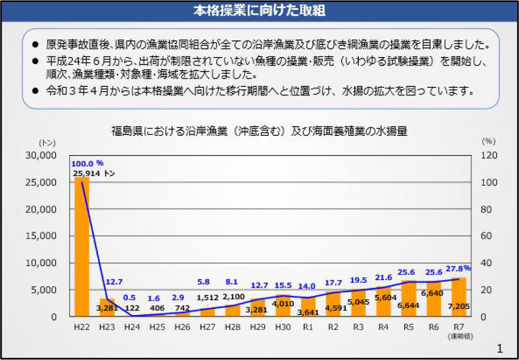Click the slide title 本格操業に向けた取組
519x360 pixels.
coord(259,11)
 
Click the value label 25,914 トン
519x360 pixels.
coord(93,173)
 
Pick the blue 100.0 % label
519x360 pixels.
coord(87,163)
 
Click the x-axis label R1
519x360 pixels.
coord(308,327)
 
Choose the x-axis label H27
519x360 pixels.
coord(207,327)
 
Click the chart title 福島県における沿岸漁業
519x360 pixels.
coord(259,131)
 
